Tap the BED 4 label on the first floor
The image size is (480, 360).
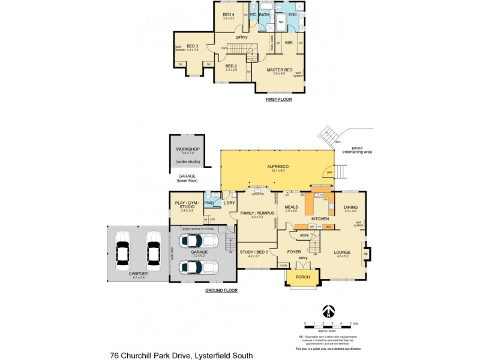pyautogui.click(x=229, y=14)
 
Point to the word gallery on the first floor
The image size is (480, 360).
pyautogui.click(x=242, y=37)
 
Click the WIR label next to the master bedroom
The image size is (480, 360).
pyautogui.click(x=289, y=43)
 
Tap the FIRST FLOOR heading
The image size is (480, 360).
pyautogui.click(x=278, y=99)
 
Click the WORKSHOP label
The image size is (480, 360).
pyautogui.click(x=187, y=149)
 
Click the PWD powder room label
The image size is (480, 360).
pyautogui.click(x=209, y=203)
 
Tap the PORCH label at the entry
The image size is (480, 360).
pyautogui.click(x=304, y=277)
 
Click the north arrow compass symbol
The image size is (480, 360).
pyautogui.click(x=327, y=312)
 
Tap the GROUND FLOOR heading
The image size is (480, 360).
pyautogui.click(x=221, y=290)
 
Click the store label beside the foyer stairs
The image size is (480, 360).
pyautogui.click(x=304, y=235)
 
